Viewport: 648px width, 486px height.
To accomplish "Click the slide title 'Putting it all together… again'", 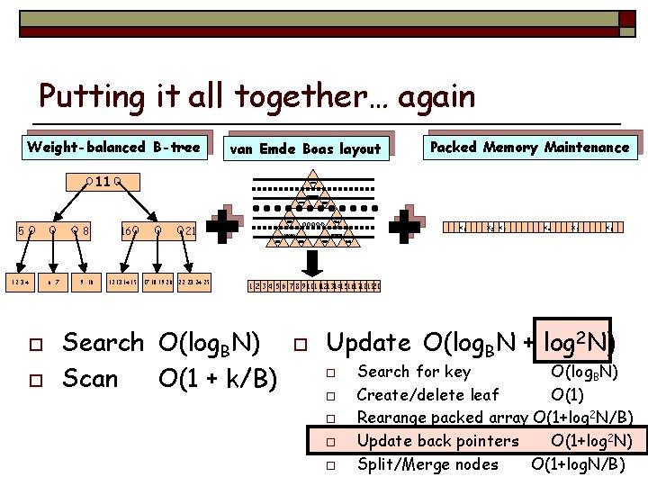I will [x=256, y=97].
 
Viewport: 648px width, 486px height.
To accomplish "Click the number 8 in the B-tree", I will [x=85, y=231].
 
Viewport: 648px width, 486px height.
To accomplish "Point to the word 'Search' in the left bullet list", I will [x=103, y=342].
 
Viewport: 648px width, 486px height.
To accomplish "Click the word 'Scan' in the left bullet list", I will [x=90, y=379].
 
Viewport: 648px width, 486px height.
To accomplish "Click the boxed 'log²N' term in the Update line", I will [x=572, y=341].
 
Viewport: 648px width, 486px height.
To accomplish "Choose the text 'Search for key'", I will [x=413, y=371].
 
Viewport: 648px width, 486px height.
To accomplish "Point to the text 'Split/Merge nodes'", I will [x=427, y=464].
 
